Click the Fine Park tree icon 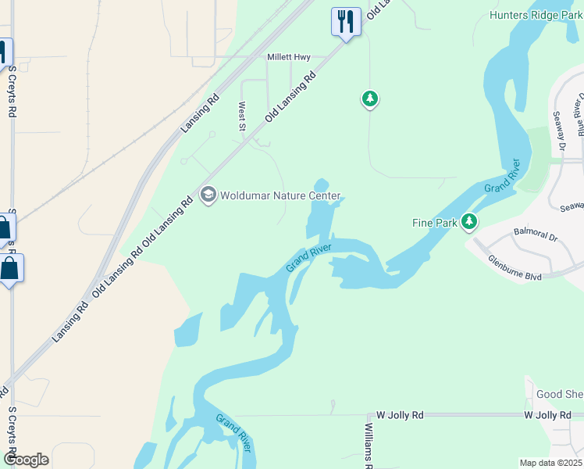(x=468, y=223)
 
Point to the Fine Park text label (x=434, y=223)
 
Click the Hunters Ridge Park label (x=536, y=15)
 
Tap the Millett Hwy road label (x=289, y=57)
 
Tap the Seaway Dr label (x=559, y=131)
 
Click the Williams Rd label (x=369, y=446)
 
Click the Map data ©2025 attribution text (x=550, y=463)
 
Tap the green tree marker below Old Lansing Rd (x=369, y=99)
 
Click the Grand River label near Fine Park (x=501, y=176)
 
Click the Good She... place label (x=559, y=395)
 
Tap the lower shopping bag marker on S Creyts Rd (x=9, y=269)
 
